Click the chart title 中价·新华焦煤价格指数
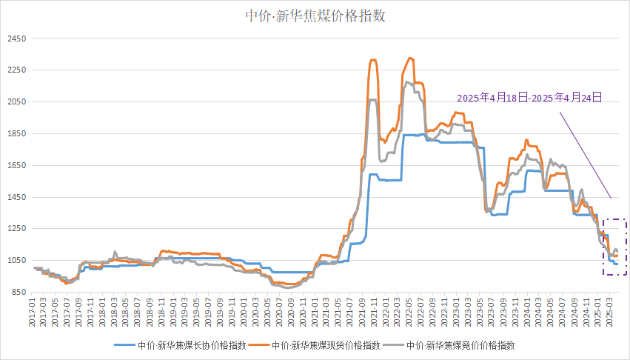315,16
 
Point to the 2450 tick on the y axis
16,39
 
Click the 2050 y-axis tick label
16,102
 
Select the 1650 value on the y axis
16,166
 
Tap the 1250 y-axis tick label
16,229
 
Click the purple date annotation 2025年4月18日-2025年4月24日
529,97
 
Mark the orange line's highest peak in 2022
410,58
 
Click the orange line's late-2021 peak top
372,60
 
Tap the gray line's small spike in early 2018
115,252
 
